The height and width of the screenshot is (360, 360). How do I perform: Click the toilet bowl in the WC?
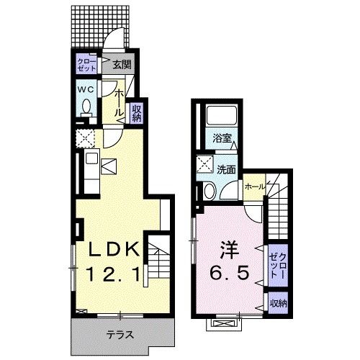pos(86,108)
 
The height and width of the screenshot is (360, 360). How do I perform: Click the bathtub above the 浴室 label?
pos(220,117)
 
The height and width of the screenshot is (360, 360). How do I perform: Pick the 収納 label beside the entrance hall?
pos(137,113)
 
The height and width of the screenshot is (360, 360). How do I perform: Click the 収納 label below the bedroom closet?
pos(278,303)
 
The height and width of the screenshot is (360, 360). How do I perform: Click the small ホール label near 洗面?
pos(253,186)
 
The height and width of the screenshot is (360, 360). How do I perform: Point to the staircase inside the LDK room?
pos(158,263)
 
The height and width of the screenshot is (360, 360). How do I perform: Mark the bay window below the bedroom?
pos(221,324)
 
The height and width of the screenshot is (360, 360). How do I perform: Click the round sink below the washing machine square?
pos(207,190)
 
